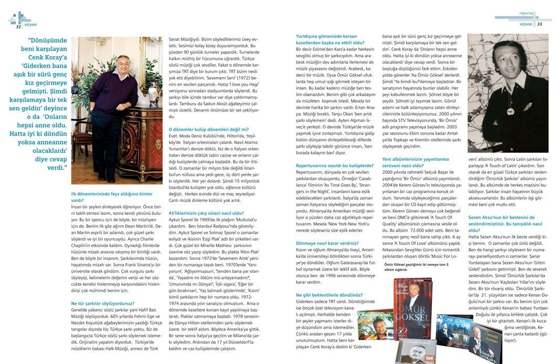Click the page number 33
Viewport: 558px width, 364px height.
539,24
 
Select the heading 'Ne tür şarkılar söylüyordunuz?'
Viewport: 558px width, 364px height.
102,303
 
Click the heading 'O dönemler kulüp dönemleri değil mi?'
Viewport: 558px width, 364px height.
209,129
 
